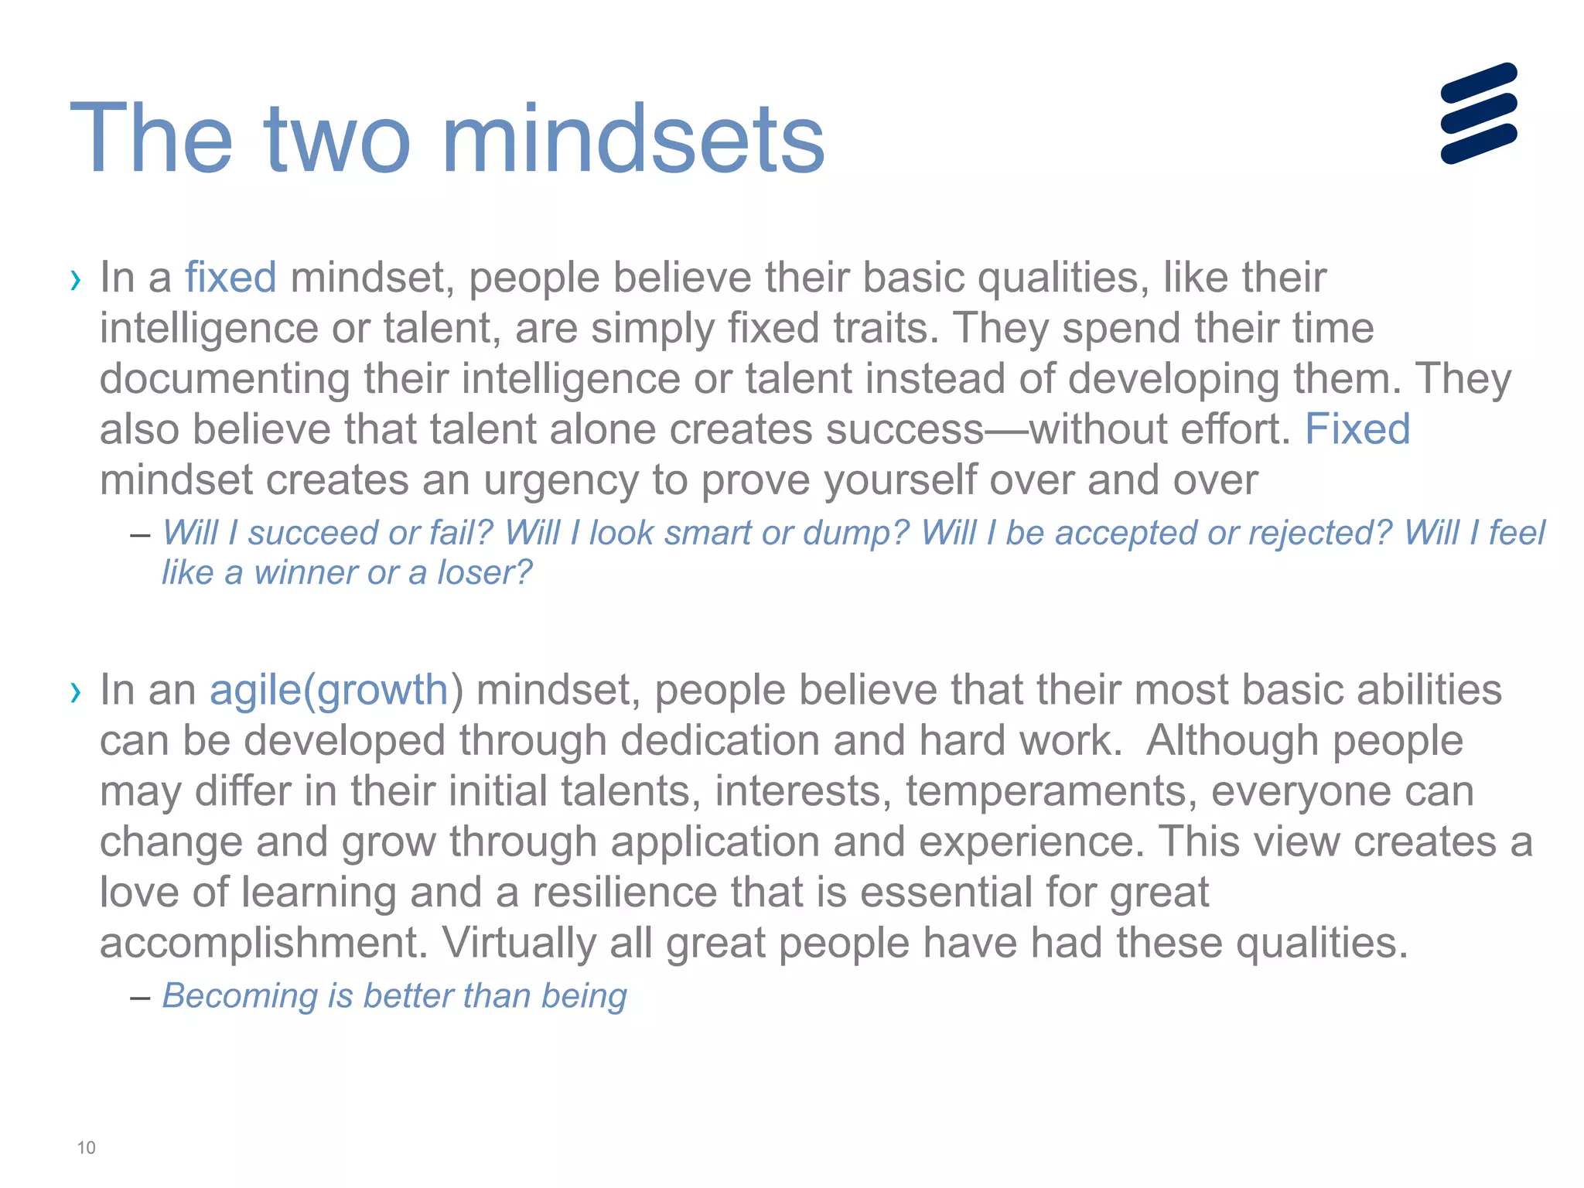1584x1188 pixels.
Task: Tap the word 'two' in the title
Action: coord(337,140)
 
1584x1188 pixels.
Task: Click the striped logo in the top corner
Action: coord(1478,113)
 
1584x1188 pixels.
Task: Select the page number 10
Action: coord(86,1148)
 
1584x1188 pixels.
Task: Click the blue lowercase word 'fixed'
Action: coord(230,278)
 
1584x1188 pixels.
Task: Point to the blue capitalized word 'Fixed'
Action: coord(1357,429)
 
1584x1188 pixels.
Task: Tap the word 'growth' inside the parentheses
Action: coord(382,690)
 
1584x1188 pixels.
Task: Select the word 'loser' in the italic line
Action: coord(484,573)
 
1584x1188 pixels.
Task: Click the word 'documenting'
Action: coord(225,379)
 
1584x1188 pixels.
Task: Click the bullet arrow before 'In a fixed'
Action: coord(75,279)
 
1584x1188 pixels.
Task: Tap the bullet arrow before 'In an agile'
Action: coord(75,691)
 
